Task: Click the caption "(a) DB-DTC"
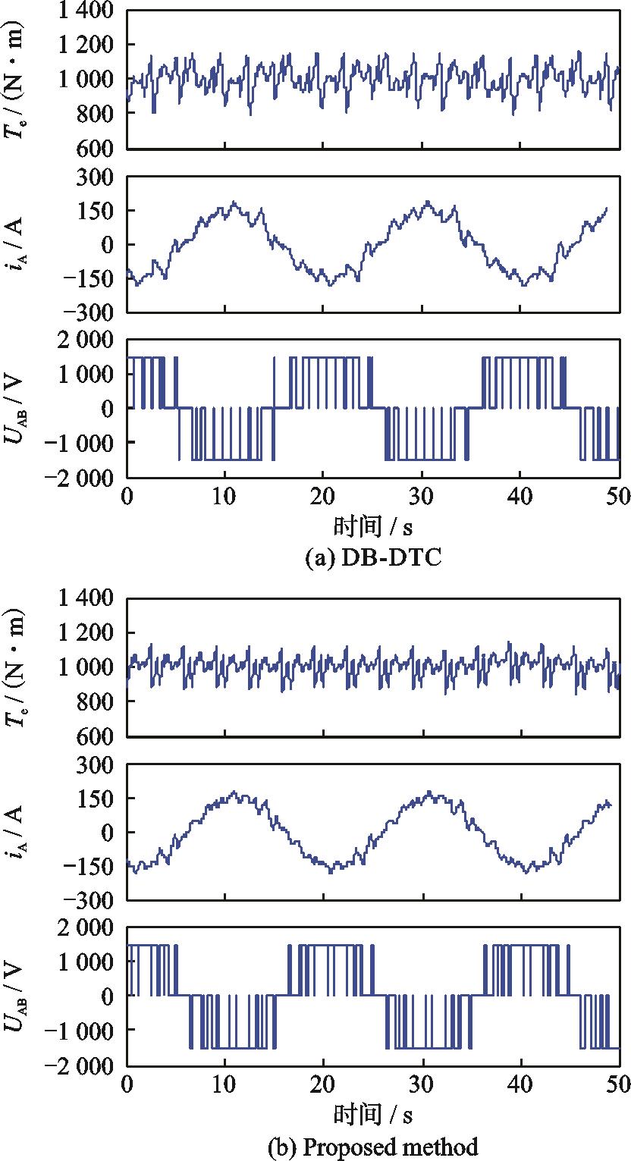[x=372, y=559]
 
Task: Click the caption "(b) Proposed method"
[x=372, y=1147]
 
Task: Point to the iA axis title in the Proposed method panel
[x=17, y=832]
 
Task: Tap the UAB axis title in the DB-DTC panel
[x=17, y=409]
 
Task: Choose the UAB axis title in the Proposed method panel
[x=17, y=996]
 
